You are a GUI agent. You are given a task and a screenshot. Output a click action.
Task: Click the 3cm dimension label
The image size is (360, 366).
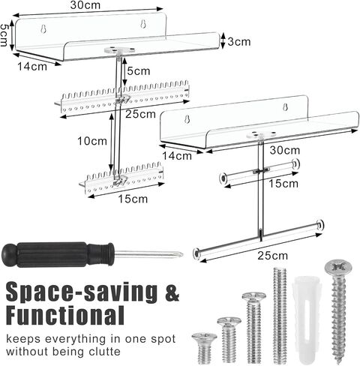238,42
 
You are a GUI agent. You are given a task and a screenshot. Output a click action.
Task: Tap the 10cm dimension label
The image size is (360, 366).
92,141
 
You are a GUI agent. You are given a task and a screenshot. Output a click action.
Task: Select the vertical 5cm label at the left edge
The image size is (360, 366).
4,34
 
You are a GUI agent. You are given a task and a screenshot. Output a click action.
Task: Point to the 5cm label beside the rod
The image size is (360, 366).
139,71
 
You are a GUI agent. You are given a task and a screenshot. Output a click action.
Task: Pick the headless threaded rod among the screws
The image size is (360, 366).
280,315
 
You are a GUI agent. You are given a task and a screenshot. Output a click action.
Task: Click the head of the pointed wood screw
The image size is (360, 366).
338,267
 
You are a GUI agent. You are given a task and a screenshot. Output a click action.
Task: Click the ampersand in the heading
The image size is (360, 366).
172,292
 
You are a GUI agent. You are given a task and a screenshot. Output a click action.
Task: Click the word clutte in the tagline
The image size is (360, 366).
104,352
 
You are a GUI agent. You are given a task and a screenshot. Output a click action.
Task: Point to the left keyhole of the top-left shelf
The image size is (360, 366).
43,29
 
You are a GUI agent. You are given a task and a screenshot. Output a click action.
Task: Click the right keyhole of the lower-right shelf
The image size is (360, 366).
286,107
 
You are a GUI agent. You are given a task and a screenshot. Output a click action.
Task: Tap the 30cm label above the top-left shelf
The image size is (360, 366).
85,5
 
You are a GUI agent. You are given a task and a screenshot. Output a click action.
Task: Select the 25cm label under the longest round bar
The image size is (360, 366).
273,256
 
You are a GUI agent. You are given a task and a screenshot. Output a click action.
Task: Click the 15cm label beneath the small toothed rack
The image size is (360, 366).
133,199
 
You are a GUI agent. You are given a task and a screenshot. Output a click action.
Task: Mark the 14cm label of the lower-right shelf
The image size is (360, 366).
177,156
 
